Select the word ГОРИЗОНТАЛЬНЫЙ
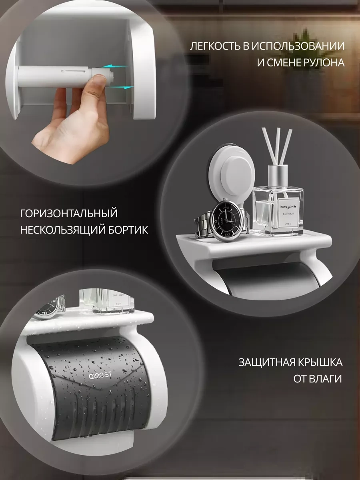[68, 213]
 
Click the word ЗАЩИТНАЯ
[266, 362]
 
